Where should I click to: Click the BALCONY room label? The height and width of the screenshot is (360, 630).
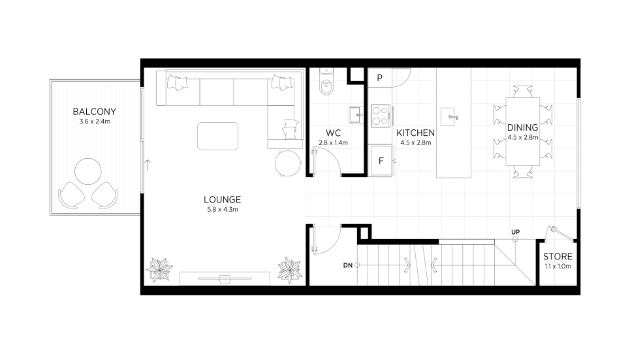(x=95, y=112)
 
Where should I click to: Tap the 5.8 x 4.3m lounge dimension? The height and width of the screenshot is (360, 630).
(x=223, y=210)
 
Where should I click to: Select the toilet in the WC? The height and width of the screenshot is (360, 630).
(x=326, y=82)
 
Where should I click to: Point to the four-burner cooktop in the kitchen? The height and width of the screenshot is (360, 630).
(x=381, y=116)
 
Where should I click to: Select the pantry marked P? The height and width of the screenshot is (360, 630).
(x=380, y=78)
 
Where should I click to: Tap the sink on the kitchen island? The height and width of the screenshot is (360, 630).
(x=450, y=117)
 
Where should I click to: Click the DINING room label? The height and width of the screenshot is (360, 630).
(x=522, y=127)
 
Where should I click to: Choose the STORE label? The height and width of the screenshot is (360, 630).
(x=558, y=256)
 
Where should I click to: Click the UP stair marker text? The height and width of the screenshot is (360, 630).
(x=516, y=232)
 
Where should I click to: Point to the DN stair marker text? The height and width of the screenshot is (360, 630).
(x=347, y=265)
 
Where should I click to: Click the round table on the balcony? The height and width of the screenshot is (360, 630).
(x=88, y=171)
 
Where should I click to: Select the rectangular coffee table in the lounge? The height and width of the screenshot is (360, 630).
(x=218, y=137)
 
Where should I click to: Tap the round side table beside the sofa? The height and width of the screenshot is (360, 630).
(x=288, y=163)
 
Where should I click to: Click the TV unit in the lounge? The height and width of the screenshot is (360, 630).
(x=225, y=278)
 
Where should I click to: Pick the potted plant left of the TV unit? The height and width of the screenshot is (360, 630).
(x=159, y=269)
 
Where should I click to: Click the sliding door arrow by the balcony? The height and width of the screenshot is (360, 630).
(x=148, y=165)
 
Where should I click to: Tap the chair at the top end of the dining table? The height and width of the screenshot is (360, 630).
(x=523, y=91)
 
